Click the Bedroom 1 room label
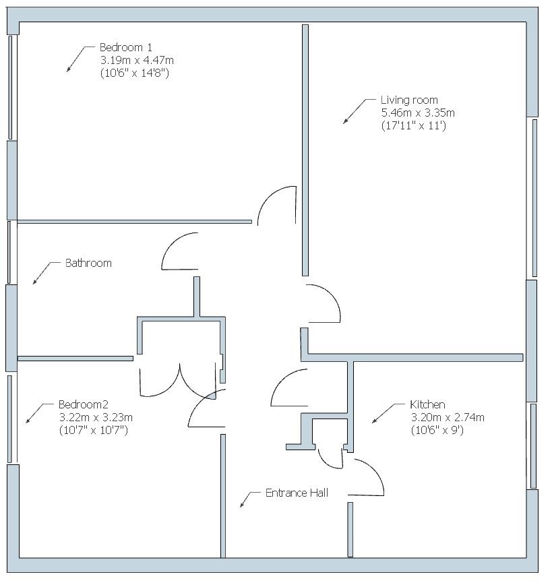[126, 47]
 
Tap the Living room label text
[408, 100]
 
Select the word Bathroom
[88, 263]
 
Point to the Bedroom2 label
[83, 404]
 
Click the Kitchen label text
[427, 404]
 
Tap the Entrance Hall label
[297, 493]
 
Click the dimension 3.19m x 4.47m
[137, 60]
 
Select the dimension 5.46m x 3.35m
[418, 113]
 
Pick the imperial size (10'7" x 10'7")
[93, 429]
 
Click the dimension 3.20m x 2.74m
[448, 417]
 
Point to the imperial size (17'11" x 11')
[413, 126]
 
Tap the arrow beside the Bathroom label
[42, 273]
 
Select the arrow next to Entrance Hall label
[249, 499]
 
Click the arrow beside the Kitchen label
[383, 414]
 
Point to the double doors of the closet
[180, 381]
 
